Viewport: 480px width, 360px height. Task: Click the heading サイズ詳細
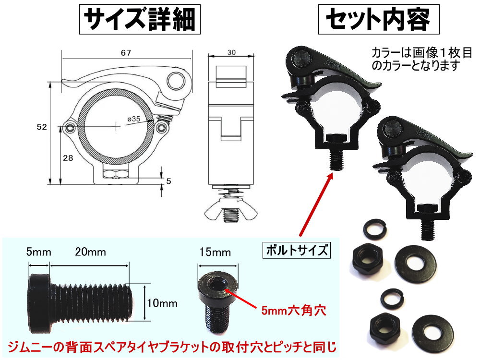[140, 21]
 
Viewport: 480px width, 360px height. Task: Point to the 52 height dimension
[42, 127]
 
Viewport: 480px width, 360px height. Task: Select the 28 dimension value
[68, 159]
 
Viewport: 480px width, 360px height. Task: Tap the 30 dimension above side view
[231, 52]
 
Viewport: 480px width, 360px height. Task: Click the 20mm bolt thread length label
[90, 252]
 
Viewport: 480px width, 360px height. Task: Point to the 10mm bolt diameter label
[163, 303]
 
